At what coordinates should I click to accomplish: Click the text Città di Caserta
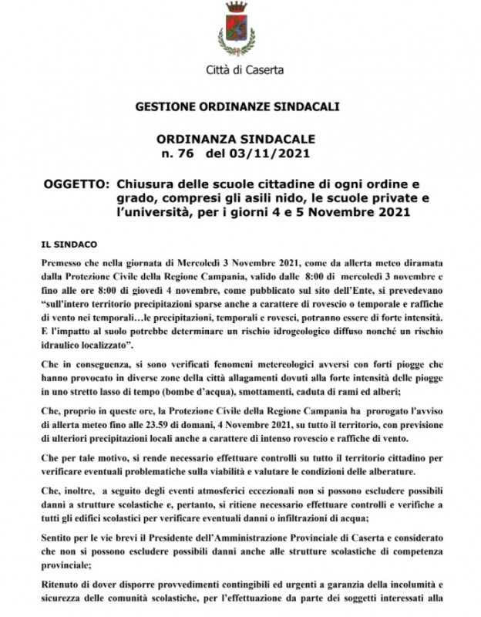point(240,70)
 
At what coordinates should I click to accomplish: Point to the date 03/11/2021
point(271,153)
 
